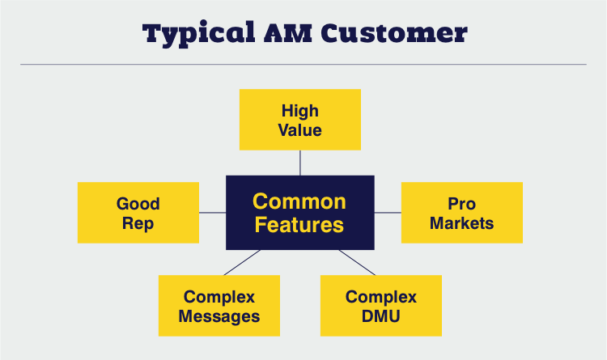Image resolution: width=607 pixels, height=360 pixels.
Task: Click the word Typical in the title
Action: tap(198, 34)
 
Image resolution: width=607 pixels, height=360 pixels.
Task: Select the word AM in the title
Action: tap(287, 33)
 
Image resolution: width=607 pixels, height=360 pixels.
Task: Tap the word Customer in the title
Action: tap(394, 33)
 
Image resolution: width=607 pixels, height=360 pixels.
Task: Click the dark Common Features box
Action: tap(300, 213)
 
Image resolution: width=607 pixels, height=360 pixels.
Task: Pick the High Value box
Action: tap(300, 120)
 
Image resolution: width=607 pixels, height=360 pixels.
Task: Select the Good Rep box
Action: tap(138, 213)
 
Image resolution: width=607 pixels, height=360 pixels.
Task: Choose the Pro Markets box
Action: tap(462, 213)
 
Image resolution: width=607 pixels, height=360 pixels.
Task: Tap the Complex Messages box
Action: tap(219, 306)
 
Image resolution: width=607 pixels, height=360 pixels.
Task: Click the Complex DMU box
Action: tap(381, 306)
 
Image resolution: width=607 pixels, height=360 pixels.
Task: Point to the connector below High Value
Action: tap(300, 163)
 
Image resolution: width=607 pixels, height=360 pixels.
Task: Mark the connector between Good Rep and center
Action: tap(213, 213)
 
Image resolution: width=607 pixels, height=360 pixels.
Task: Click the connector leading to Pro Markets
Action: tap(388, 213)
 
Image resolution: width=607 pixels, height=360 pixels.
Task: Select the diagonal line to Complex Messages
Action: tap(242, 262)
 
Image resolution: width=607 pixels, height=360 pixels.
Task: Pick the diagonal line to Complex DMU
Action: tap(357, 262)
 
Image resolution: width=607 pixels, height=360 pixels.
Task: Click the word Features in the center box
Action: tap(299, 225)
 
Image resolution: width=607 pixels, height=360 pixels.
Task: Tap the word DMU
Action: tap(381, 316)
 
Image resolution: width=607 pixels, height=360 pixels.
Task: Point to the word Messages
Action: tap(219, 316)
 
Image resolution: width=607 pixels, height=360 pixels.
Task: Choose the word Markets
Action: tap(462, 223)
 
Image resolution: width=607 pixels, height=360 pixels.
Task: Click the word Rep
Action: tap(138, 224)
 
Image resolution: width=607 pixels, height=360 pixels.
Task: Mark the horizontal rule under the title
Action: tap(303, 64)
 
